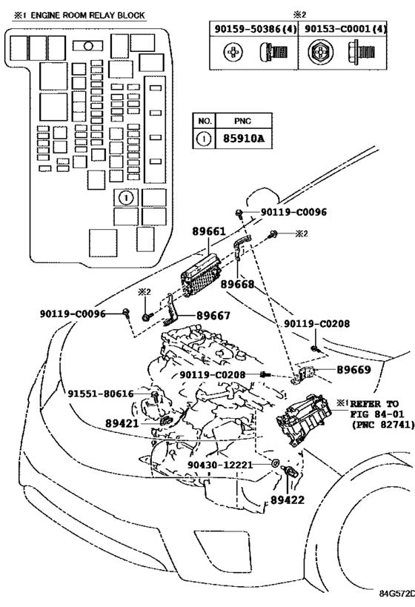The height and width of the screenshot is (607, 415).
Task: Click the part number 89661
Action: [209, 231]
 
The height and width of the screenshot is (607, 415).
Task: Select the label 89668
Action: [238, 284]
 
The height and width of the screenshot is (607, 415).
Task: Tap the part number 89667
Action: [213, 316]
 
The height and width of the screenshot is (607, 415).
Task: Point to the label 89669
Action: [353, 370]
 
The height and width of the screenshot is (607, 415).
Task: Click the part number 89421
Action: [122, 423]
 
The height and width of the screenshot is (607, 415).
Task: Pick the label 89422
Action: [288, 500]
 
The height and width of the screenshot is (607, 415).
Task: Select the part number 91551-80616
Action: [101, 394]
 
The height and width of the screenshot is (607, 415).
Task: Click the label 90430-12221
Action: [220, 465]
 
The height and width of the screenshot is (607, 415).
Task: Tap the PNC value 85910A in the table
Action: [244, 139]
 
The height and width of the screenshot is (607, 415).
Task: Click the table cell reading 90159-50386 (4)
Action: [254, 29]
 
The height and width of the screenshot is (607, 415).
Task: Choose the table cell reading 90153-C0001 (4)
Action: [343, 29]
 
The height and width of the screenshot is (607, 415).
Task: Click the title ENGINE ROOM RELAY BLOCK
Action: [87, 15]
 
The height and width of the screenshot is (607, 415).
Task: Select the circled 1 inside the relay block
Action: [126, 198]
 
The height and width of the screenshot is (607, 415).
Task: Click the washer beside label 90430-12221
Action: [276, 463]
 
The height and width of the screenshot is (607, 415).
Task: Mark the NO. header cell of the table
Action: [205, 121]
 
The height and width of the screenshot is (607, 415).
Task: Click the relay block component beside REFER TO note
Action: [304, 420]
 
